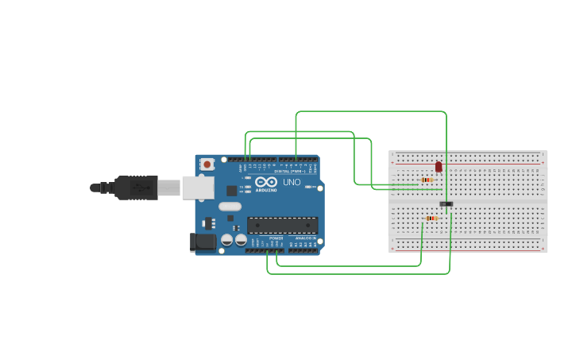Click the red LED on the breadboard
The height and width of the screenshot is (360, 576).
click(438, 167)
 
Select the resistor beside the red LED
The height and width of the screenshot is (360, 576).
click(427, 180)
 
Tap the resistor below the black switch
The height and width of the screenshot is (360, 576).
click(432, 218)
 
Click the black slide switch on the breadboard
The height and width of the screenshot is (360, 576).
click(446, 204)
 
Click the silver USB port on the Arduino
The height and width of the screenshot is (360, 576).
click(199, 188)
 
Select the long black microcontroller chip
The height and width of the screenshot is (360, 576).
click(282, 225)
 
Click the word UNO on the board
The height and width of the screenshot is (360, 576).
click(292, 183)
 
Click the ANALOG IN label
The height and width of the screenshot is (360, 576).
click(306, 238)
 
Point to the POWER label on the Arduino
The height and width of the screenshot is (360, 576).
click(276, 238)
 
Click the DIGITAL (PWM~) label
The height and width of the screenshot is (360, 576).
click(289, 171)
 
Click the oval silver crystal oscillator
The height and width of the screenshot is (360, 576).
click(230, 207)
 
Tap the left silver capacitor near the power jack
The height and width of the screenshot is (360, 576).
click(227, 239)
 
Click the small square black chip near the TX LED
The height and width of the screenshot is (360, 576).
click(232, 191)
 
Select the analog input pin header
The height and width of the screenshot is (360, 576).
click(303, 250)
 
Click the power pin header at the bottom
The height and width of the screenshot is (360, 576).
click(264, 250)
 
